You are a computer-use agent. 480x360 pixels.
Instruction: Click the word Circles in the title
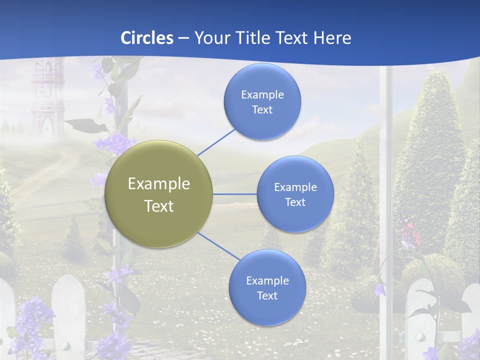147,38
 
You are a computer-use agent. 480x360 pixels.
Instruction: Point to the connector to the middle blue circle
235,194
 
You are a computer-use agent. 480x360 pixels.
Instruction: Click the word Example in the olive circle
159,184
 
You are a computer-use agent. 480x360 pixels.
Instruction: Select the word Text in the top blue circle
262,110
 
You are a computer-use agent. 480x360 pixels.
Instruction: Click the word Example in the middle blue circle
295,187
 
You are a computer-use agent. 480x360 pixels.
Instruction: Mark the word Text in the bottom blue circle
267,296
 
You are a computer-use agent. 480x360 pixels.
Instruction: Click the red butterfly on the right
409,232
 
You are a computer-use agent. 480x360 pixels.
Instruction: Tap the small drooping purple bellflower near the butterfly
380,289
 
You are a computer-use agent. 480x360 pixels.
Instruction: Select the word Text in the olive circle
159,206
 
